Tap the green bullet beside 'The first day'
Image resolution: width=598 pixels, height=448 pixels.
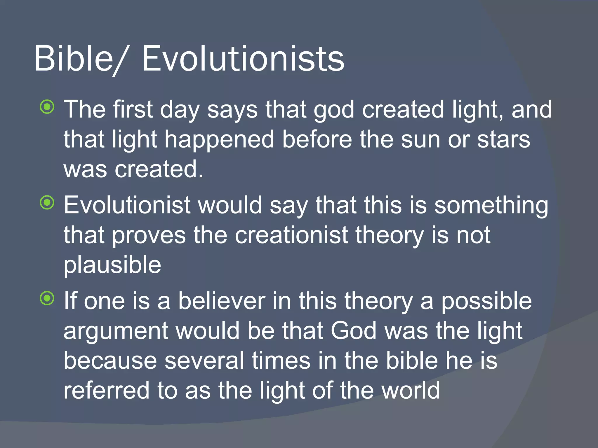(47, 107)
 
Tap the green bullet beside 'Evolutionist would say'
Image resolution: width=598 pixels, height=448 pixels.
(47, 202)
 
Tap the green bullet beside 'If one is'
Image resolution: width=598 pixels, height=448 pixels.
(47, 298)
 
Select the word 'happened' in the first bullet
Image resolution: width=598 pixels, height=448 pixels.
(219, 140)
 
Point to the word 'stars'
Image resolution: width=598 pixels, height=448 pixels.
(503, 139)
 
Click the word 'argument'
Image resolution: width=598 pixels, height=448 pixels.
(116, 332)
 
